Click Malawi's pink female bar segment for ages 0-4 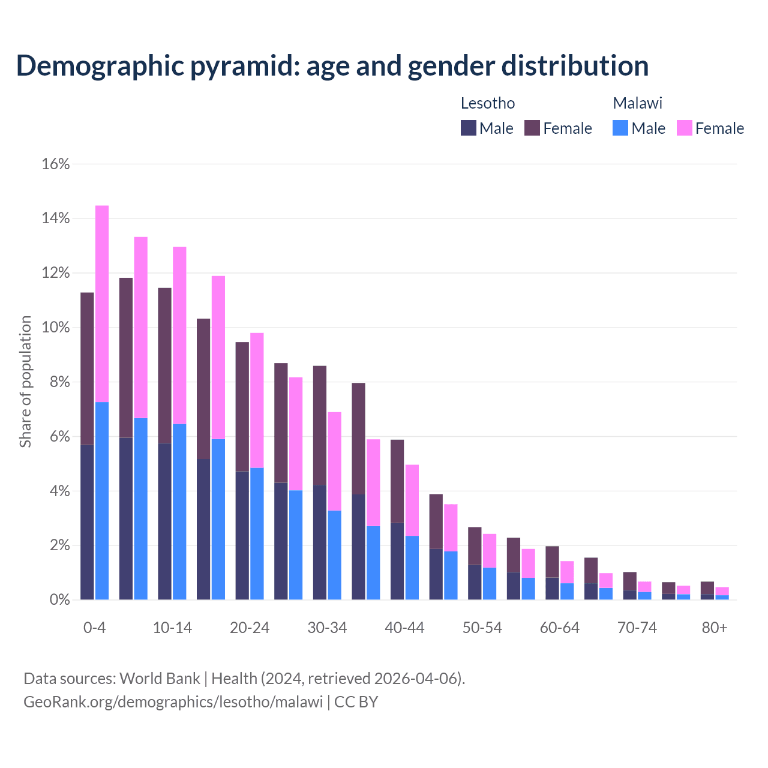point(102,304)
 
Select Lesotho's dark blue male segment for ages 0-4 point(87,522)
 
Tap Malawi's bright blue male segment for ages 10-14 point(179,512)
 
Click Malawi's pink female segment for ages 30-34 point(335,461)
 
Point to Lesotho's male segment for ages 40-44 point(397,561)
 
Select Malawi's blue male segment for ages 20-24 point(257,533)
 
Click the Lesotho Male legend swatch point(468,128)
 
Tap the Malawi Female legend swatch point(684,128)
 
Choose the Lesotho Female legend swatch point(532,128)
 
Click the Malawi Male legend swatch point(620,128)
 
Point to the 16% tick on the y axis point(56,164)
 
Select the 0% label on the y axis point(59,600)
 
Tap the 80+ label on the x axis point(715,628)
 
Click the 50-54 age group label point(482,628)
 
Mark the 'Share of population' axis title point(25,382)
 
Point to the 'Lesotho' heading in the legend point(488,103)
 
